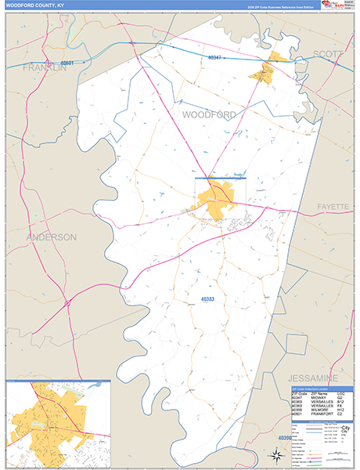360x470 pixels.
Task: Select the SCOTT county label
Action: point(329,54)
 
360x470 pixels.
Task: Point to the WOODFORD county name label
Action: point(209,114)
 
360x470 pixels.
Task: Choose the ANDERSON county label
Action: point(51,237)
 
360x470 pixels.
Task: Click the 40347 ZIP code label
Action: point(215,58)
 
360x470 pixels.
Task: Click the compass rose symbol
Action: point(275,454)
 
